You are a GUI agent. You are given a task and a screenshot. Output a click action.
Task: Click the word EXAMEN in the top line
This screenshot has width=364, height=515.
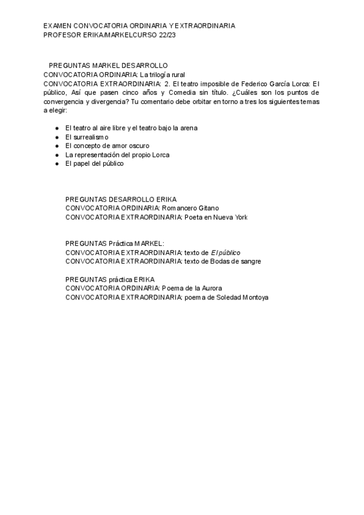click(57, 26)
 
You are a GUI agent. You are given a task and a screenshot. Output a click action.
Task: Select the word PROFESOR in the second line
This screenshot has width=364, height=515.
click(62, 35)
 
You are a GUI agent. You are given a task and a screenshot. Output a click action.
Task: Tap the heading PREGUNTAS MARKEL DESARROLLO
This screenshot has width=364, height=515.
click(108, 65)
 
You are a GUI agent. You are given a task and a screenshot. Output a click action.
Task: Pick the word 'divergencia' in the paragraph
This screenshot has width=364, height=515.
click(105, 101)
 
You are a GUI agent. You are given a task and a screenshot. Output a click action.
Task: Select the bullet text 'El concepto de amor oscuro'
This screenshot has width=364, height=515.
click(107, 146)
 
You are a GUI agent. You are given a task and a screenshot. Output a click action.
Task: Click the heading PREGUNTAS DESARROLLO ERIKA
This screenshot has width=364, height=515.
click(121, 199)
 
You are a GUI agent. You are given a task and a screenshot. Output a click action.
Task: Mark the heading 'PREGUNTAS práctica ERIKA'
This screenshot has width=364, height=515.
click(110, 279)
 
